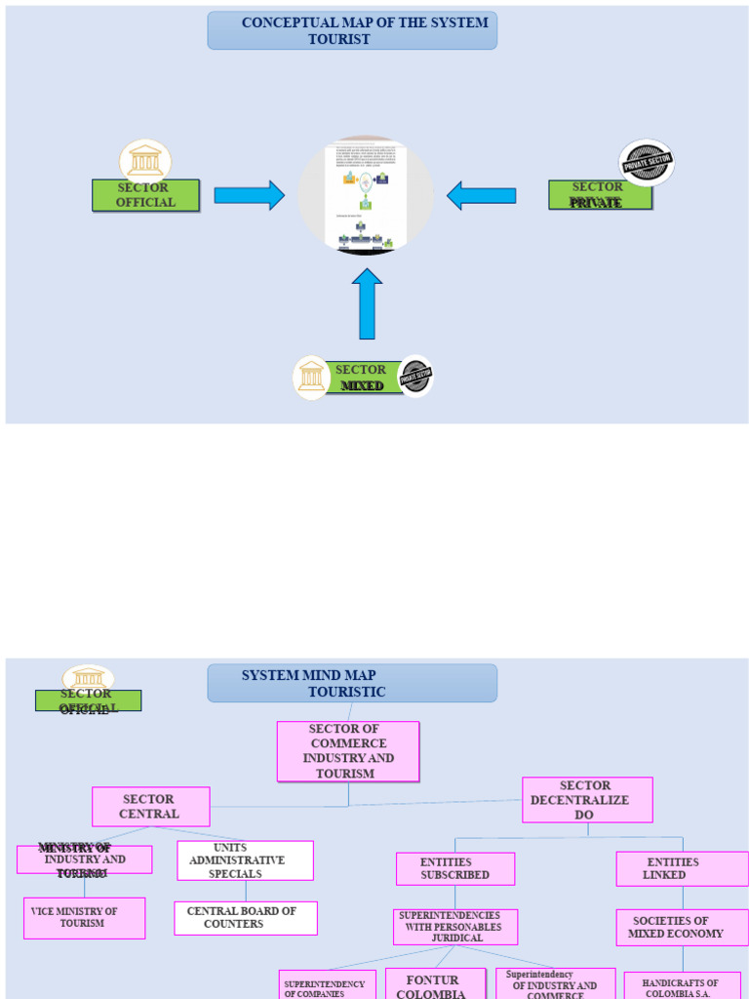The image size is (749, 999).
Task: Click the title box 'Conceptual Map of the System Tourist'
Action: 352,30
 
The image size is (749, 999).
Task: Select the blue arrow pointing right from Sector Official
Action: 249,195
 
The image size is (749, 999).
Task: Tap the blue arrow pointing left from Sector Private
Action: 482,195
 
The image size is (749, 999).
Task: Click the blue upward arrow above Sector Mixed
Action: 367,304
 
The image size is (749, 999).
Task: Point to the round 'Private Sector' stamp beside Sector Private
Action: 647,163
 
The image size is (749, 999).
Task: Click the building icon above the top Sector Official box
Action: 145,160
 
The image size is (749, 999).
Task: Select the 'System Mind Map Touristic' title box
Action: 352,683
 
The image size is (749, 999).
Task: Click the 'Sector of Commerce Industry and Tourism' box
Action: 348,751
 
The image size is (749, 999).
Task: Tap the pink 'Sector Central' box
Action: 150,807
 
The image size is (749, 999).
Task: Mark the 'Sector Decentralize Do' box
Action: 587,800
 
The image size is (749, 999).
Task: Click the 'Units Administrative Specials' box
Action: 245,860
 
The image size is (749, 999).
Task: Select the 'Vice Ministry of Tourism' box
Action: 84,918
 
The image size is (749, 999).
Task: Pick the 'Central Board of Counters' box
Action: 245,918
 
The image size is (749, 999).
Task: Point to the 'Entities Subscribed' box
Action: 455,868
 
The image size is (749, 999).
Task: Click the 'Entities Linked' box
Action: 682,868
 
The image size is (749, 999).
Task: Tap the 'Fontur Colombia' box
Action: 435,983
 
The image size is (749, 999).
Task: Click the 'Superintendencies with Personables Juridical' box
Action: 455,927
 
